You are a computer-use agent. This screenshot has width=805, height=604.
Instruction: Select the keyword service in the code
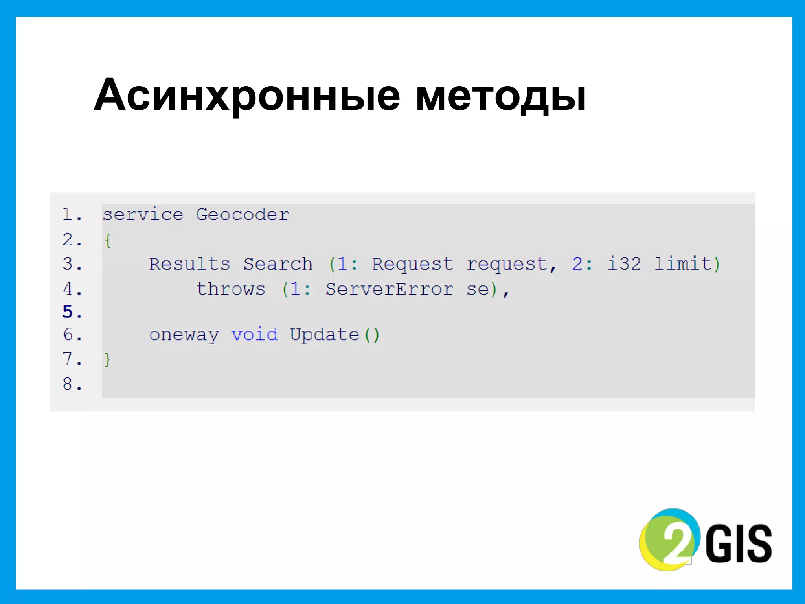(143, 215)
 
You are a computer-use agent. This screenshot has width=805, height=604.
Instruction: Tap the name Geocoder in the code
(242, 215)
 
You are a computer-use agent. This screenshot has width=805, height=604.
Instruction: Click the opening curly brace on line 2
(108, 240)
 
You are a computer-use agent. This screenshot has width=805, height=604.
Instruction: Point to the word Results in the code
(189, 264)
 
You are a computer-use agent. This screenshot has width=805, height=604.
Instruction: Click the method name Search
(278, 264)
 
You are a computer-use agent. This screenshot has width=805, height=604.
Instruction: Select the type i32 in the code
(624, 264)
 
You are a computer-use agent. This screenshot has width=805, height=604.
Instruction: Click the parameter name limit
(683, 264)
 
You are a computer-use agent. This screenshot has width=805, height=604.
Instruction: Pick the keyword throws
(231, 289)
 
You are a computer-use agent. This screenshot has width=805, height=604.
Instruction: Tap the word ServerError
(389, 289)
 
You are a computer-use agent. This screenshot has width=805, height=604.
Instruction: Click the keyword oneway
(184, 335)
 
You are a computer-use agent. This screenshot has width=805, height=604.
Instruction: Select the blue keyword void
(254, 335)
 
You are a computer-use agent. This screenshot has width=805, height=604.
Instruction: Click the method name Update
(325, 335)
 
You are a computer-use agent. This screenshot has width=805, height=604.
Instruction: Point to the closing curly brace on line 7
(107, 359)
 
